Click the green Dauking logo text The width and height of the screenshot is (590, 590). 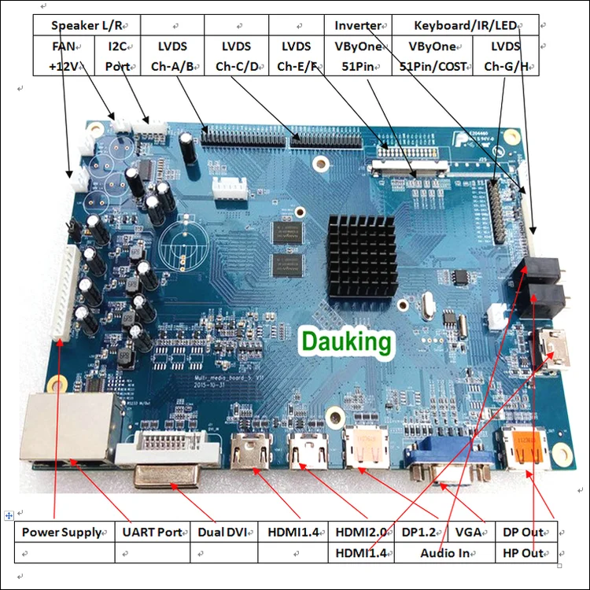pyautogui.click(x=345, y=341)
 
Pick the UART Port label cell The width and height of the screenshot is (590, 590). pyautogui.click(x=152, y=532)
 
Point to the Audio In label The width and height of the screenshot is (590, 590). pyautogui.click(x=444, y=552)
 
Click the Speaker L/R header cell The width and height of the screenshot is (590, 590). pyautogui.click(x=86, y=26)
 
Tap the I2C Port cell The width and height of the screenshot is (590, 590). pyautogui.click(x=120, y=56)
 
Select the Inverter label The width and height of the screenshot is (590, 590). pyautogui.click(x=358, y=26)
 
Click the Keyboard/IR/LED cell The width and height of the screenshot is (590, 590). pyautogui.click(x=465, y=26)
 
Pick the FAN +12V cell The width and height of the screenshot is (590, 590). pyautogui.click(x=65, y=56)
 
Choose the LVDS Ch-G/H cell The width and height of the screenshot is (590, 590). pyautogui.click(x=506, y=56)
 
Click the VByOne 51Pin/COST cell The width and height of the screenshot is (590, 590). pyautogui.click(x=433, y=56)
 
